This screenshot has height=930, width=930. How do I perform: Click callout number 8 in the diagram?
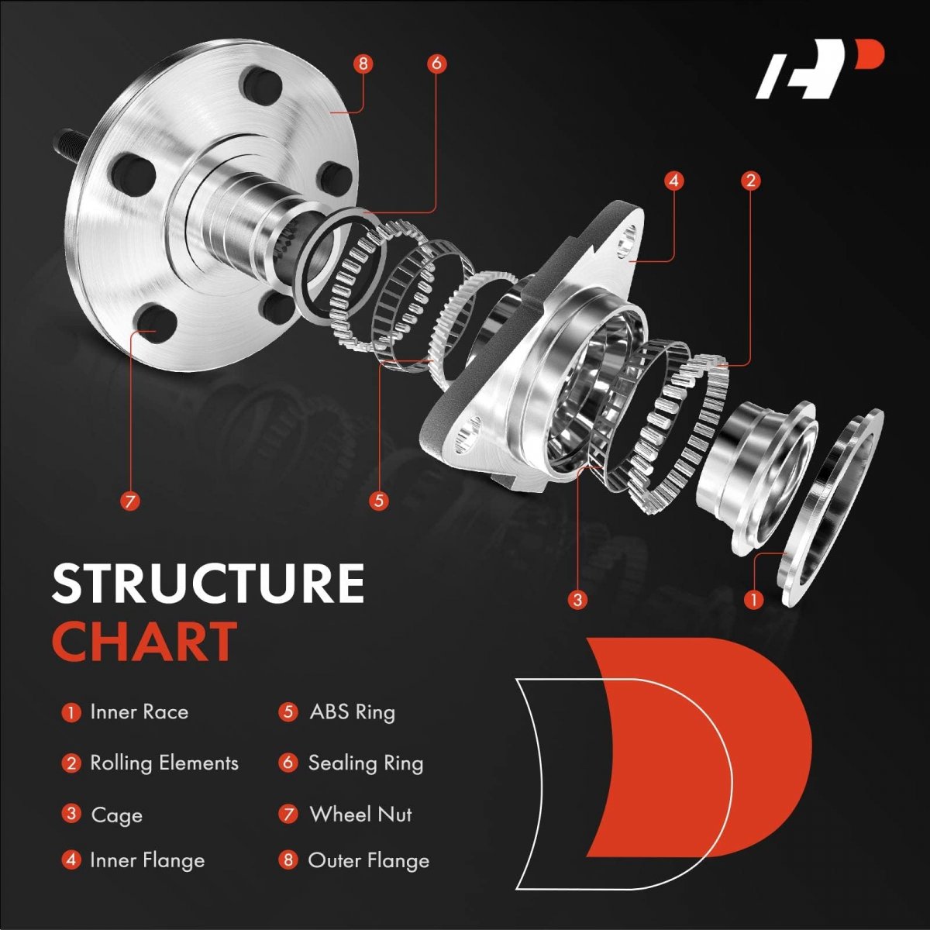(363, 63)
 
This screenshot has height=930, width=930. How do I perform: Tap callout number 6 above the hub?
(436, 63)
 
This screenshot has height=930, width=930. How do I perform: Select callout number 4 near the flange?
(673, 181)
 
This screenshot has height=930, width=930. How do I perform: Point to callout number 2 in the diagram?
(749, 181)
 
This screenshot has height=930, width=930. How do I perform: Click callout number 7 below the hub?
(130, 501)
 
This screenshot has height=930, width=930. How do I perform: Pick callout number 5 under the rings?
(378, 501)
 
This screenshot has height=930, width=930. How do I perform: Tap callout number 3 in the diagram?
(577, 599)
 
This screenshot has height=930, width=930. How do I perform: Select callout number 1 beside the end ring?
(753, 599)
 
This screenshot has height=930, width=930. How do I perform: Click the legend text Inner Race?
(139, 712)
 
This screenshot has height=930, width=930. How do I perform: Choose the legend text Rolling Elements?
(164, 763)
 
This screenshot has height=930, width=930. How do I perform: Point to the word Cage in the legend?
(116, 815)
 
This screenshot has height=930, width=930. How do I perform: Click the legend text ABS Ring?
(352, 712)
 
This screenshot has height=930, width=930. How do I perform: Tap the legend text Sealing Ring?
(366, 763)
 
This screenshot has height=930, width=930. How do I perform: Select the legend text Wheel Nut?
(360, 815)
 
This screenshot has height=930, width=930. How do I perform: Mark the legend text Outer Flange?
(368, 860)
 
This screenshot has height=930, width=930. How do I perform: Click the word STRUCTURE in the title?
(208, 583)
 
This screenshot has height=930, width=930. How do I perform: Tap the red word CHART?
(144, 642)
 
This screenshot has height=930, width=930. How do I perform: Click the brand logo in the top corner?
(819, 69)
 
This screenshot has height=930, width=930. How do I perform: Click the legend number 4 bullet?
(71, 860)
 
